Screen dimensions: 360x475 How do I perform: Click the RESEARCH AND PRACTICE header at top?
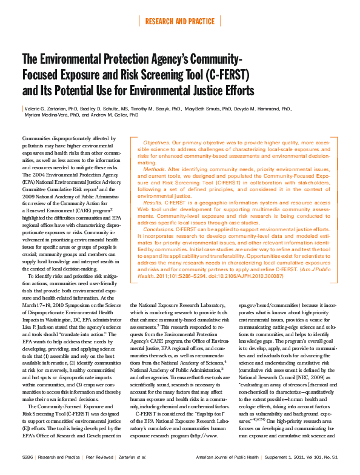pos(179,21)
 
